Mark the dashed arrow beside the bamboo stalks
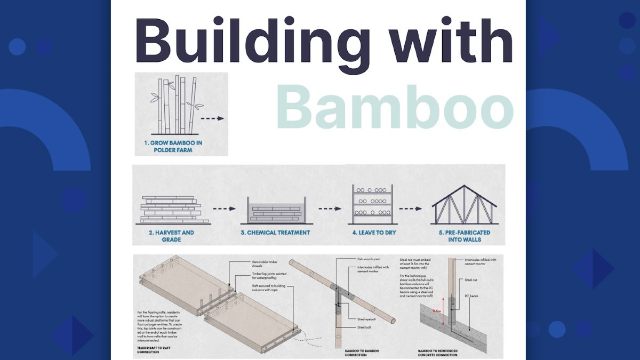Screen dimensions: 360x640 tap(213, 118)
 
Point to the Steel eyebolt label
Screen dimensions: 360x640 tap(366, 319)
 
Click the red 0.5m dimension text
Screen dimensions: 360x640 tap(437, 311)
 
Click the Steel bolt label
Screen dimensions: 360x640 tap(364, 327)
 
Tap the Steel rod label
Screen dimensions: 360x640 tap(471, 279)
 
